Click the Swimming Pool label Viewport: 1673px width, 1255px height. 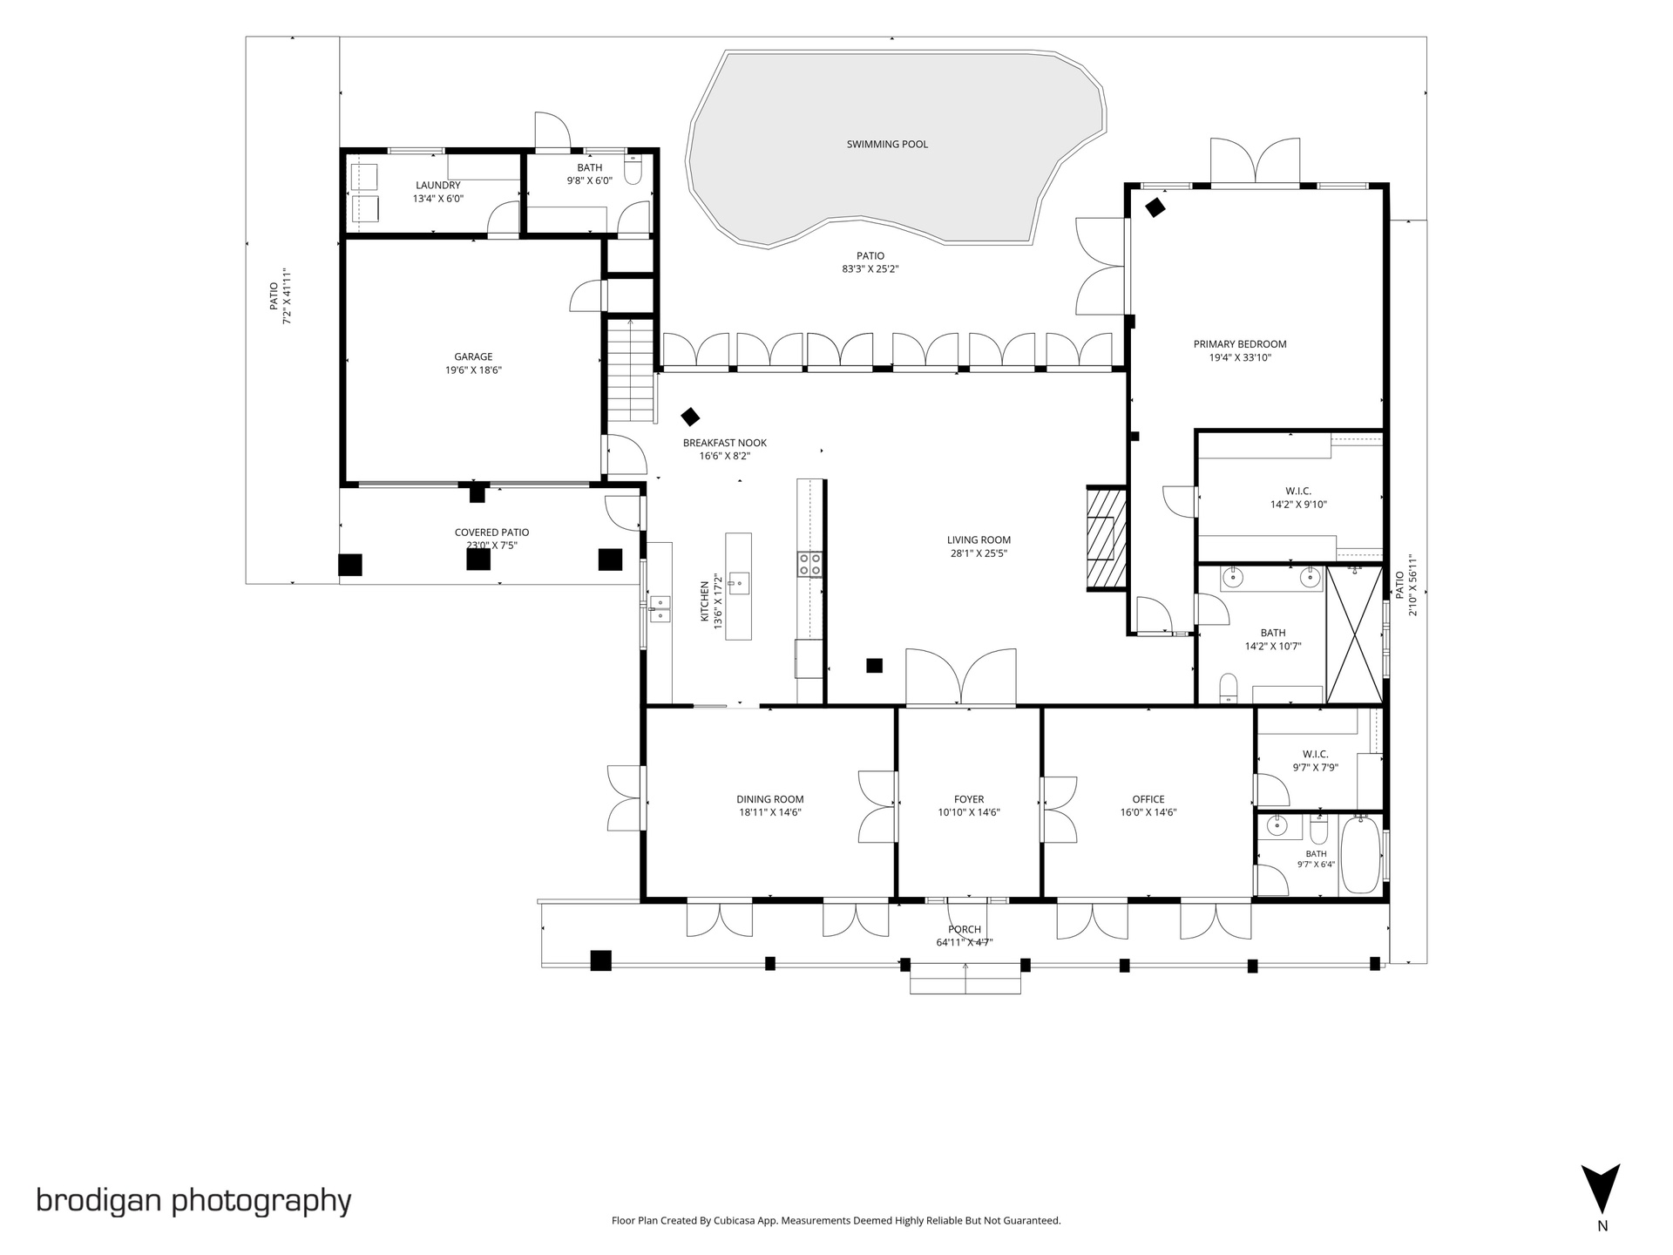pos(887,145)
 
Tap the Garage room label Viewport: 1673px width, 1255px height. pos(473,356)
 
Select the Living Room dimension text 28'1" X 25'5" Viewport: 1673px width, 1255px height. pos(979,553)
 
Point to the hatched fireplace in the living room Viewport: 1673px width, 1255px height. pos(1107,539)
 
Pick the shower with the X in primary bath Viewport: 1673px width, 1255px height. pos(1354,634)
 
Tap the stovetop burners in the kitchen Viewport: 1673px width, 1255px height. pos(809,564)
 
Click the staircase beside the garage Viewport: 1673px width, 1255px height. pos(630,370)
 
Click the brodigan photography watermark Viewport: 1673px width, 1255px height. pos(193,1201)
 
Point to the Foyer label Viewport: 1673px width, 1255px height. pos(969,799)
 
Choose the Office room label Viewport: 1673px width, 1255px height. pos(1148,799)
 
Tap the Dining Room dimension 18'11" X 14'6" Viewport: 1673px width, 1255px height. pos(770,813)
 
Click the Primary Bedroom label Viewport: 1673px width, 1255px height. pos(1240,344)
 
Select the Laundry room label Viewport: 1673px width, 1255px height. pos(438,186)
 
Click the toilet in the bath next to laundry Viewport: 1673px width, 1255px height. pos(633,170)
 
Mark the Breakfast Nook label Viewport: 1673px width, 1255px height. pos(725,443)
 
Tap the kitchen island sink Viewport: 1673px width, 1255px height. pos(739,583)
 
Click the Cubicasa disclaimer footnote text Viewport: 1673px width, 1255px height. pos(836,1221)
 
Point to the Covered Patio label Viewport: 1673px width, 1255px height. pos(491,533)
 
